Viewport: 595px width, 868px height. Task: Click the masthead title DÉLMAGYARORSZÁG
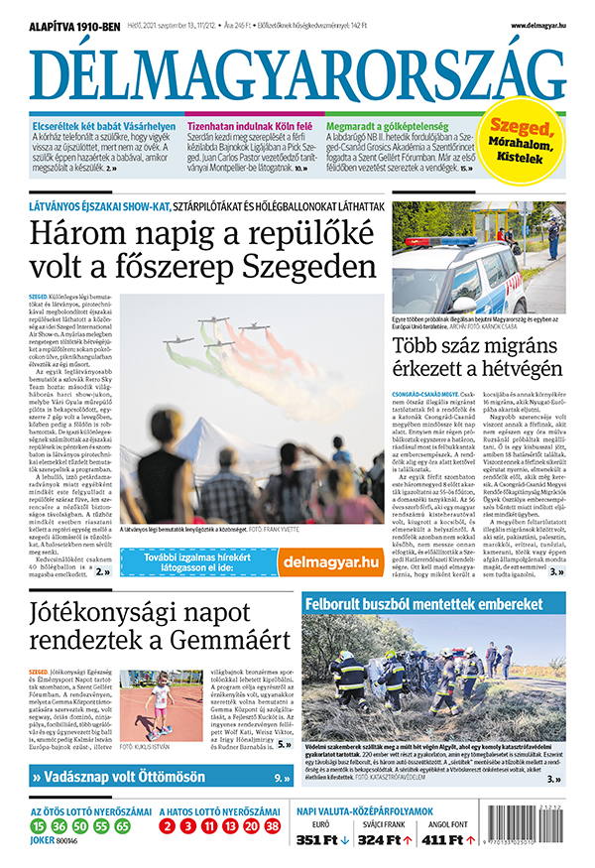pyautogui.click(x=297, y=74)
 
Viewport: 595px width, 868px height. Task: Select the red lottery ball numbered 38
pyautogui.click(x=275, y=824)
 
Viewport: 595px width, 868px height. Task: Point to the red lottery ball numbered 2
pyautogui.click(x=168, y=824)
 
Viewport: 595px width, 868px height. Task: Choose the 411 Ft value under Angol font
pyautogui.click(x=442, y=839)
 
